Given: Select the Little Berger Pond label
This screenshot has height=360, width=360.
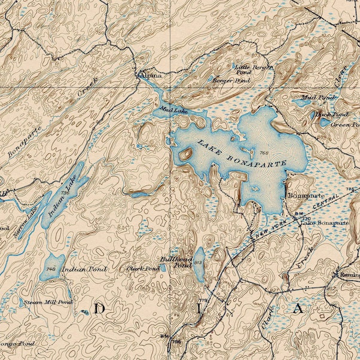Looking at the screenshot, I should pos(253,69).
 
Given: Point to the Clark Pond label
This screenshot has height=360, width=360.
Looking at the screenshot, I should pos(143,269).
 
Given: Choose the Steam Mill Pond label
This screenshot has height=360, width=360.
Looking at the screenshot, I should pos(48,303).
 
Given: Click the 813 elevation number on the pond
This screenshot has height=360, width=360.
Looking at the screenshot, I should pos(199,263).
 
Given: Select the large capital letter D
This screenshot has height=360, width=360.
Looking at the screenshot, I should pos(99,309).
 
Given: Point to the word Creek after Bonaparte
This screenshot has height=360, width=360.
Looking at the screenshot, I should pos(87,90).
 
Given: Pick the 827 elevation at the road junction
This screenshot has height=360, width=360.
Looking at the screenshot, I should pos(274,289).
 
